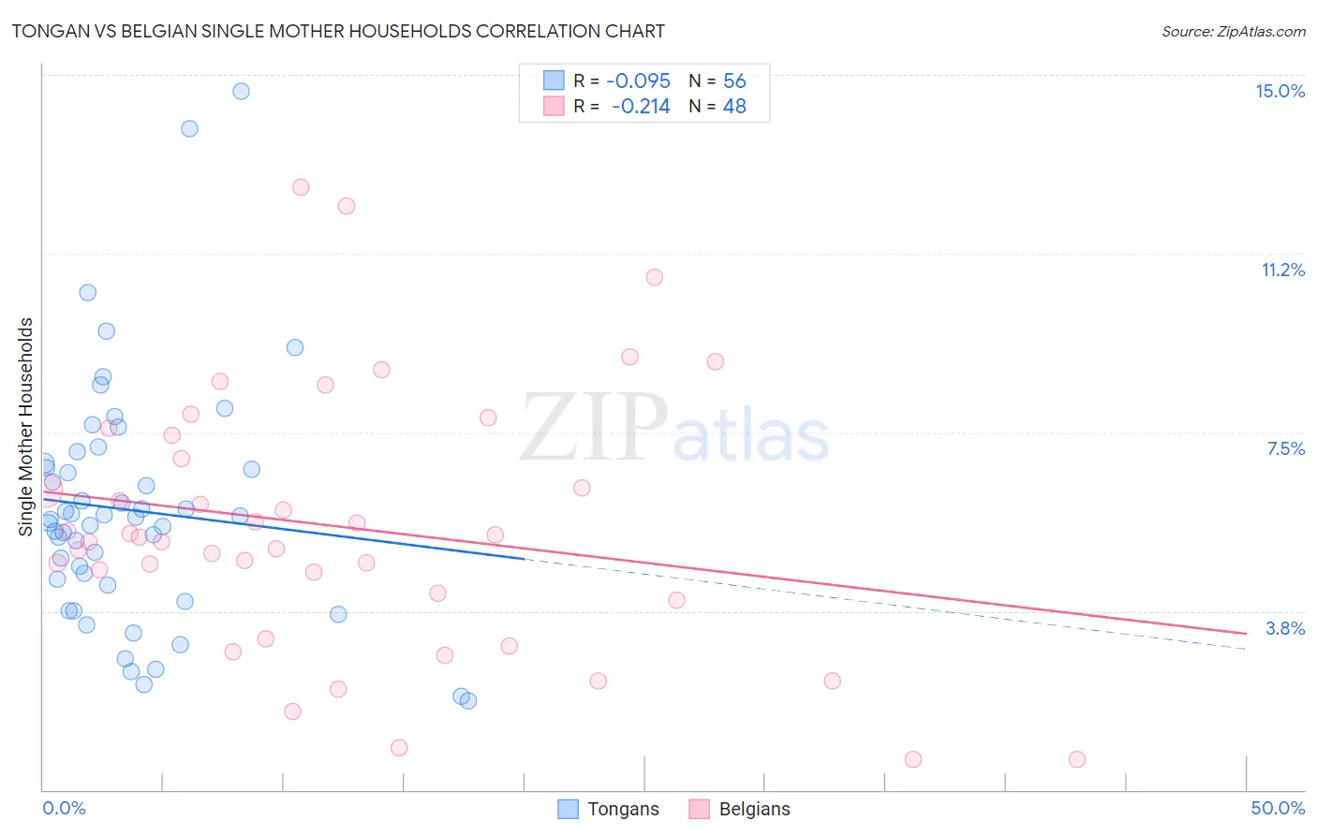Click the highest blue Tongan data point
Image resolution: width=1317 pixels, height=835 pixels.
click(x=241, y=91)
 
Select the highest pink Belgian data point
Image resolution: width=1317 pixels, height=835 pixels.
click(x=301, y=187)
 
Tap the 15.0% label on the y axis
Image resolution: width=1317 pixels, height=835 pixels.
click(x=1280, y=91)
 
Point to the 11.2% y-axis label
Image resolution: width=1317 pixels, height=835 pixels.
click(x=1282, y=270)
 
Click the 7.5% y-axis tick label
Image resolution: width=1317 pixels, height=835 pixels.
click(x=1285, y=448)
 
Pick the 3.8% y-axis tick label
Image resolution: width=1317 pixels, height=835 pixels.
click(x=1285, y=628)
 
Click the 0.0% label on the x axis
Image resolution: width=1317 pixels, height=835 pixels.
click(x=64, y=808)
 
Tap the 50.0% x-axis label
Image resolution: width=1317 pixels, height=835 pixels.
click(x=1278, y=808)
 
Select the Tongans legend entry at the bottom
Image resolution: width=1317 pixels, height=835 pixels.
click(x=609, y=809)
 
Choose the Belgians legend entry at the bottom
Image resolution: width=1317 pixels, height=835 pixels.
click(x=740, y=809)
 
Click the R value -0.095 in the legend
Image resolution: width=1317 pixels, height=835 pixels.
click(x=639, y=81)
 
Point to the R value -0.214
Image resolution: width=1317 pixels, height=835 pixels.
click(x=641, y=107)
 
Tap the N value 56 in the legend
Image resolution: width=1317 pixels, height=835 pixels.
click(x=734, y=81)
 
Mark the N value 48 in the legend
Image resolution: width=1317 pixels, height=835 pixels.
click(x=734, y=107)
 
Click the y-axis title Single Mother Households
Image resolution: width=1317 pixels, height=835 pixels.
click(x=26, y=427)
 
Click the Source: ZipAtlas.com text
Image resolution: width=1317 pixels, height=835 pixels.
click(x=1233, y=32)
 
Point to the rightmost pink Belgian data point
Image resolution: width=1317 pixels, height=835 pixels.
click(x=1077, y=759)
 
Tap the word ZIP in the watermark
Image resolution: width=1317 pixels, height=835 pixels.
click(x=594, y=428)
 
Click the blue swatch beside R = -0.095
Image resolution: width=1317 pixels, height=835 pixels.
click(x=554, y=81)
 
